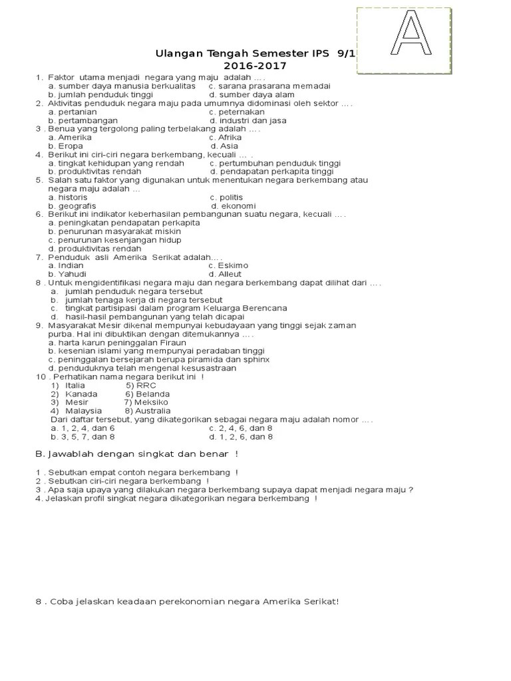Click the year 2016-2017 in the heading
(255, 66)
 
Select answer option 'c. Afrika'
(226, 138)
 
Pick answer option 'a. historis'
(68, 198)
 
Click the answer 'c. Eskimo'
(229, 265)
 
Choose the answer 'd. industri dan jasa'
(248, 120)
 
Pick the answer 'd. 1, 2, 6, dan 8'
(241, 437)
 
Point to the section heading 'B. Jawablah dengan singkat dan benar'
(136, 454)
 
